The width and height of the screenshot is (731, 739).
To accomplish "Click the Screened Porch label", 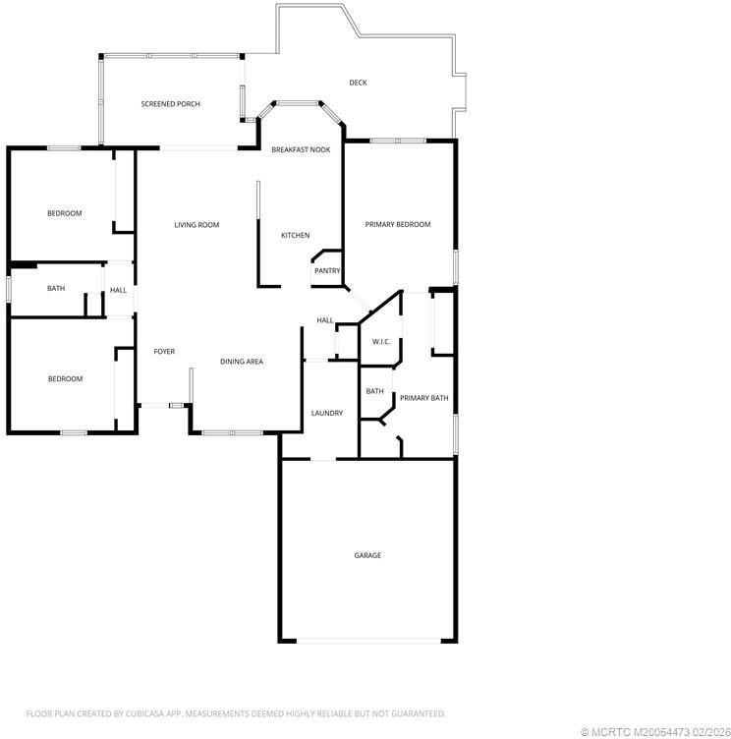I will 171,103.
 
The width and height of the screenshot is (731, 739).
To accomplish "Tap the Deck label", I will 359,83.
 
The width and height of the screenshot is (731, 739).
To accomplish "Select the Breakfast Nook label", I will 301,149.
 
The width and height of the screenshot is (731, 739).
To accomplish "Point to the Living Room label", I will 197,225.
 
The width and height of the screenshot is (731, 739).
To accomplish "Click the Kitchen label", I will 296,235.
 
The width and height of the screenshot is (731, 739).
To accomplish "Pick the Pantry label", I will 327,271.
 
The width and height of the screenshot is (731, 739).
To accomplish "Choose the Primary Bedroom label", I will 398,225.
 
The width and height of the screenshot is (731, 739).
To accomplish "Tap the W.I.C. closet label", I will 380,342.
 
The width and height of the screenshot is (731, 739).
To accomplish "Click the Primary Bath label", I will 423,398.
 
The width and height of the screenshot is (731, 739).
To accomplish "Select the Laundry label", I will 326,414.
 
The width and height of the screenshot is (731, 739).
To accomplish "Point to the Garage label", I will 367,555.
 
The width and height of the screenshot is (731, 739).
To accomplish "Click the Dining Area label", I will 241,362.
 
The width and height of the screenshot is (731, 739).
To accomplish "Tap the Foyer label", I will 164,352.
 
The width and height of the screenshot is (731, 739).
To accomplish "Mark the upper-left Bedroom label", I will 65,213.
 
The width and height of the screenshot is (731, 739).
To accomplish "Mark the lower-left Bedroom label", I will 65,378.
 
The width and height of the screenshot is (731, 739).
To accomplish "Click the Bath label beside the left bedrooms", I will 56,289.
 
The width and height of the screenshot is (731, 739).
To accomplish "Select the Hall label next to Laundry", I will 324,320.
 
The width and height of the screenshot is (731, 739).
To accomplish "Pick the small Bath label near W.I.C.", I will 375,391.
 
